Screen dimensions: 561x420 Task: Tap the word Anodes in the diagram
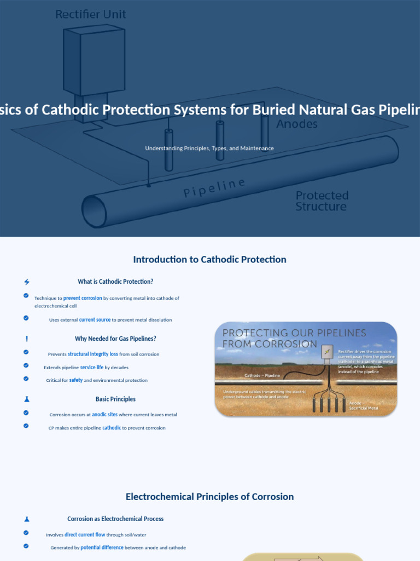(x=296, y=124)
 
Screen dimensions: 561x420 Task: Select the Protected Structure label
(x=322, y=201)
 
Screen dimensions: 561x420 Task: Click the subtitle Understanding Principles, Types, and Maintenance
(x=209, y=148)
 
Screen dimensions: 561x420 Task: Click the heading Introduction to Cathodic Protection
(x=209, y=260)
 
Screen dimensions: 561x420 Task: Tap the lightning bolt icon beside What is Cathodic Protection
(x=27, y=282)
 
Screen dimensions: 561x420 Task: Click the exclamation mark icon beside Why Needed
(x=27, y=339)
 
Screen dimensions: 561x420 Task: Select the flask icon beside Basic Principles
(x=27, y=399)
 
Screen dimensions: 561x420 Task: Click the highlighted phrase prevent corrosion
(x=83, y=298)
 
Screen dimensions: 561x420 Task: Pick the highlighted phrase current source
(x=95, y=320)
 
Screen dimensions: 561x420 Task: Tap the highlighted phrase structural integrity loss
(x=92, y=354)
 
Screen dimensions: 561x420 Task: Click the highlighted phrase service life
(x=91, y=368)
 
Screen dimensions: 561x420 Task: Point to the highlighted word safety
(x=75, y=380)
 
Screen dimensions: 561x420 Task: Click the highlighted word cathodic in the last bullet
(x=112, y=428)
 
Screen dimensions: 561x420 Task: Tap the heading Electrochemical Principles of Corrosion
(x=209, y=497)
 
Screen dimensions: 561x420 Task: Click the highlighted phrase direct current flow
(x=85, y=535)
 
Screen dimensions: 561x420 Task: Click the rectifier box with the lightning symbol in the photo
(x=327, y=352)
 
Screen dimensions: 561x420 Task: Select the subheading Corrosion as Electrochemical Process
(x=115, y=519)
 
